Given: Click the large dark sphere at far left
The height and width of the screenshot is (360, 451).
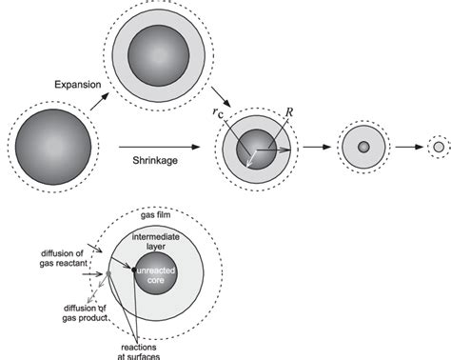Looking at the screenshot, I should coord(52,148).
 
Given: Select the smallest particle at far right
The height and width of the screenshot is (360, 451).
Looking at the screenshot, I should coord(438,147).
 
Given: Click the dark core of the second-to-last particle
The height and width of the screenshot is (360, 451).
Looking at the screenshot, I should coord(363,147).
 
